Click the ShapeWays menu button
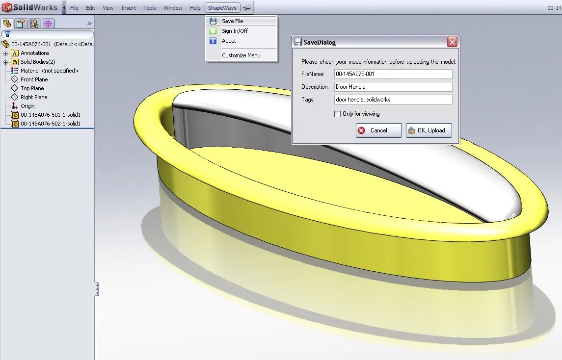tap(222, 8)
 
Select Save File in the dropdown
tap(232, 21)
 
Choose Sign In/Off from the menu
tap(235, 31)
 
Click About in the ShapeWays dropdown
tap(229, 41)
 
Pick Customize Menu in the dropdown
tap(241, 55)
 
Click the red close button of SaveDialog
tap(452, 42)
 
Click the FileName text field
tap(393, 74)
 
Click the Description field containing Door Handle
tap(393, 87)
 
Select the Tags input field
tap(393, 100)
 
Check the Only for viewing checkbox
tap(337, 114)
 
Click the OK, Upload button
tap(428, 130)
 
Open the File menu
tap(74, 8)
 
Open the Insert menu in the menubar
tap(129, 8)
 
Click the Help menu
tap(195, 8)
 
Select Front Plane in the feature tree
tap(34, 79)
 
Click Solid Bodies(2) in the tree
tap(37, 62)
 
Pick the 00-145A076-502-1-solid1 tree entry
tap(50, 124)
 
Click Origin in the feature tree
tap(27, 106)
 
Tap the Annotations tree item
tap(35, 53)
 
